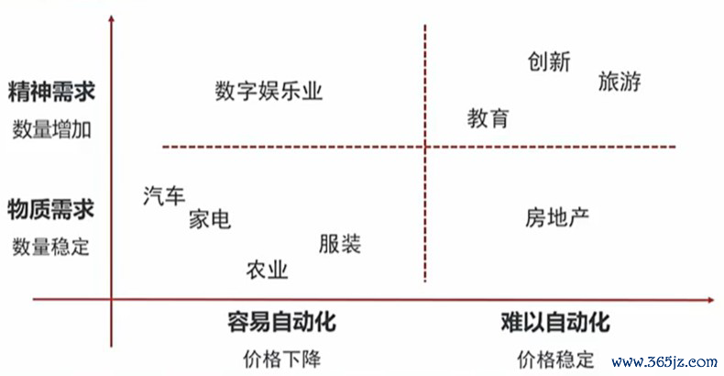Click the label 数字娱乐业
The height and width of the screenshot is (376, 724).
click(x=269, y=91)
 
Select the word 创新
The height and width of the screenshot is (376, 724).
click(x=549, y=61)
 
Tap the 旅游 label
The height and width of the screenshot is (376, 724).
click(x=620, y=82)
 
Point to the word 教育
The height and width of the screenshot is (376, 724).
click(x=488, y=118)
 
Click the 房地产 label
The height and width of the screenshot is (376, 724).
click(x=557, y=217)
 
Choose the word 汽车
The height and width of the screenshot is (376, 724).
click(x=164, y=195)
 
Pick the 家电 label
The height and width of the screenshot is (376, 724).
click(x=210, y=219)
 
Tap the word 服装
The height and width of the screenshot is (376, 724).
click(x=340, y=243)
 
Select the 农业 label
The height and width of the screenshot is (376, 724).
click(x=268, y=270)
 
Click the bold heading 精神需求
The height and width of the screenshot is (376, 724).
click(x=51, y=91)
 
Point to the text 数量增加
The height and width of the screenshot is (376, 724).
click(x=51, y=130)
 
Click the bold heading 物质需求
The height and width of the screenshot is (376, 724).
click(x=50, y=209)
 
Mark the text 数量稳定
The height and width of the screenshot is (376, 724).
click(x=50, y=247)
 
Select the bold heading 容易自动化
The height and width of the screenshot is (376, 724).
click(x=281, y=322)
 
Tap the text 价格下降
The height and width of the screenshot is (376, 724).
click(x=281, y=359)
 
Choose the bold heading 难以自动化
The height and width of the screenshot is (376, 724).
click(x=555, y=322)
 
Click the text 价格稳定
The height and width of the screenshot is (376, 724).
click(x=555, y=359)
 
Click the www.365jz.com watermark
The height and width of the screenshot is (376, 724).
click(x=665, y=361)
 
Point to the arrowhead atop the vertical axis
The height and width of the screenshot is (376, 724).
click(x=111, y=18)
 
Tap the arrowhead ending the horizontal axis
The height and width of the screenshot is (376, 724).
click(x=711, y=300)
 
